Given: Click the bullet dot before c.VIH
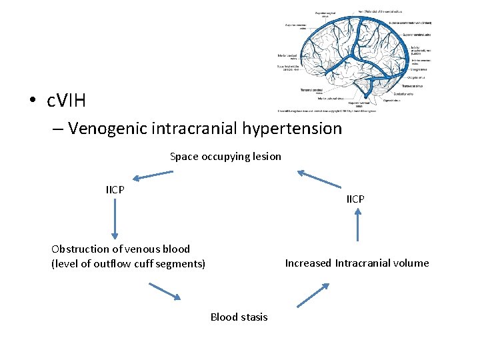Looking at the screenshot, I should pyautogui.click(x=33, y=102).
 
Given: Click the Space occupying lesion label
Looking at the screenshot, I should pyautogui.click(x=225, y=157).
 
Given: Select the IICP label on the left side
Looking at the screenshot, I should pyautogui.click(x=115, y=190).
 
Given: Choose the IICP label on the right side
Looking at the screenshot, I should pyautogui.click(x=355, y=199).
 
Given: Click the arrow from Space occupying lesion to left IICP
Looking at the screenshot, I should pyautogui.click(x=153, y=176).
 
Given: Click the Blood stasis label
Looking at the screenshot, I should pyautogui.click(x=239, y=317).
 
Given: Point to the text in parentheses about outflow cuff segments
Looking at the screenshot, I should pyautogui.click(x=128, y=264).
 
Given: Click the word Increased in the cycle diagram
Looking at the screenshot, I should pyautogui.click(x=308, y=263).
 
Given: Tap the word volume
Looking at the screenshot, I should pyautogui.click(x=413, y=263).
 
